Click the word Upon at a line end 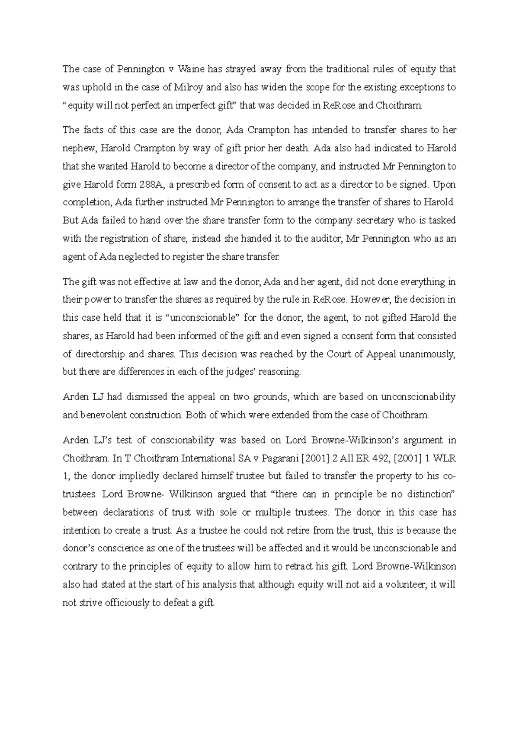(445, 185)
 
